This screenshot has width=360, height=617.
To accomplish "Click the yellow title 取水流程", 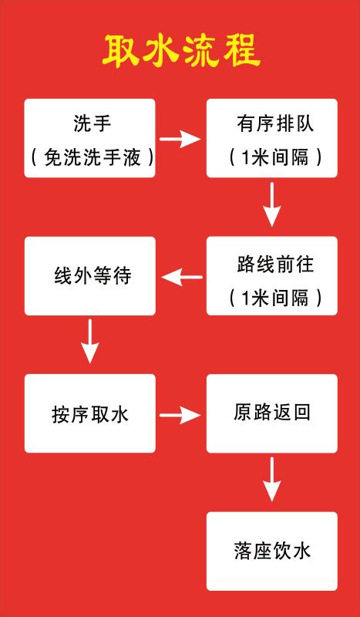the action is tap(181, 51).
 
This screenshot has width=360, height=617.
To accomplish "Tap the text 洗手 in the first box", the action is tap(93, 124).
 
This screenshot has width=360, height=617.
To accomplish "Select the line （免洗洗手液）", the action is tap(93, 158).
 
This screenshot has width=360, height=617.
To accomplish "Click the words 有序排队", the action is tap(275, 124).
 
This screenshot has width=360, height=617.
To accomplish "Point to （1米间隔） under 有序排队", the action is tap(275, 158).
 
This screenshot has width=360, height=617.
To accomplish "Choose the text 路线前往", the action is tap(275, 264).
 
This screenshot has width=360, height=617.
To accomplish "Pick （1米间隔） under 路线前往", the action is tap(275, 298).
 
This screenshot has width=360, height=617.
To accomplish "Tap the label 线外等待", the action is tap(93, 276).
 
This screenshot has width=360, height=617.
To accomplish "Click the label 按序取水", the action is tap(90, 414).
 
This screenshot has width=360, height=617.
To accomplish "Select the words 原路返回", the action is tap(272, 412).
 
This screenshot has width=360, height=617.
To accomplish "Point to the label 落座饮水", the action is tap(272, 551).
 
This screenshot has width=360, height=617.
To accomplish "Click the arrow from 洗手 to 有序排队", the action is tap(180, 139).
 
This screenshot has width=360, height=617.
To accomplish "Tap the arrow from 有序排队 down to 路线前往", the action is tap(272, 204).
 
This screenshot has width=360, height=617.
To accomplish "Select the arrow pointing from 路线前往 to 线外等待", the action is tap(182, 278).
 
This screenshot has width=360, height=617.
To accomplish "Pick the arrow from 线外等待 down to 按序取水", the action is tap(90, 341).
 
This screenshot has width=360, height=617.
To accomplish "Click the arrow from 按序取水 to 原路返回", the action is tap(180, 415).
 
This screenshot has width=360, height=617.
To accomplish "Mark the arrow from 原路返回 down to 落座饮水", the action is tap(272, 479).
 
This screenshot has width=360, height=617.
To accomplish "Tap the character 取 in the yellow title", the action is tap(121, 52).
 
